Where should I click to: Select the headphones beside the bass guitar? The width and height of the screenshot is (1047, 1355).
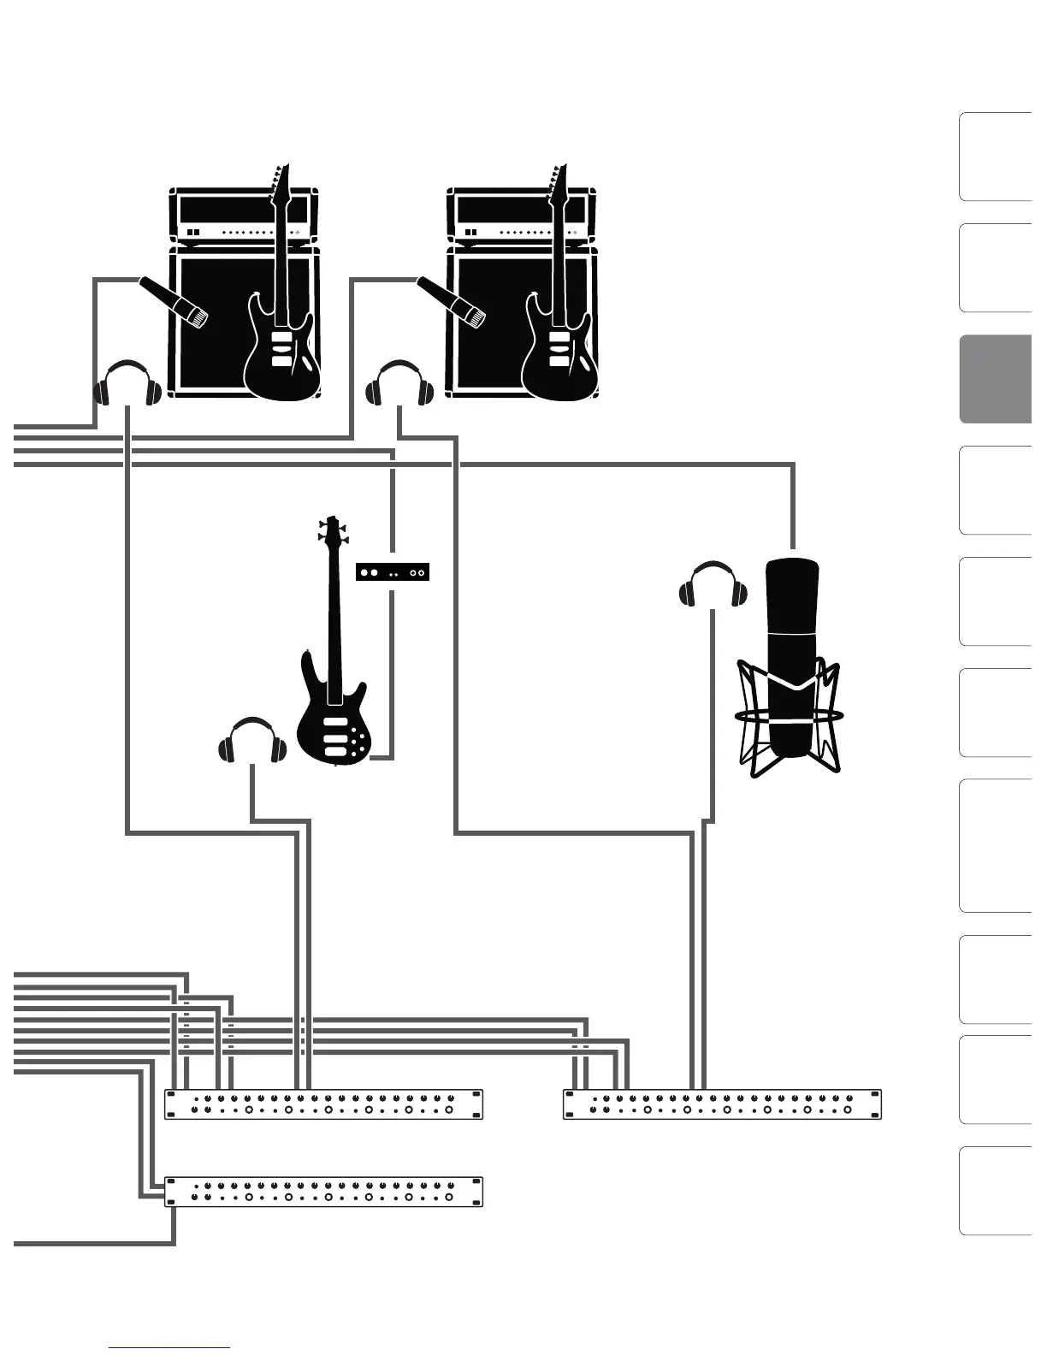[251, 741]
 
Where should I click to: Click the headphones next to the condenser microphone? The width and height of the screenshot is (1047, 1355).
[713, 585]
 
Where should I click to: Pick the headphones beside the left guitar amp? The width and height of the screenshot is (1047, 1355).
[127, 384]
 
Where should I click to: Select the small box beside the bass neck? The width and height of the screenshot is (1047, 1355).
[392, 572]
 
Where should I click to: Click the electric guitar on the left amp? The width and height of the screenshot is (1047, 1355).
[282, 342]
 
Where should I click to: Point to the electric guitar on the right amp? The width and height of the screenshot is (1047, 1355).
[559, 342]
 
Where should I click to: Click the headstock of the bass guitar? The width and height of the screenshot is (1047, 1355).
[331, 530]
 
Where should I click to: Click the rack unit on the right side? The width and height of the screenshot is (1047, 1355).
[722, 1104]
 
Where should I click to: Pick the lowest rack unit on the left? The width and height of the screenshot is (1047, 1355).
[323, 1192]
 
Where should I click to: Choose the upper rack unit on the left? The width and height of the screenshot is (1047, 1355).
[323, 1104]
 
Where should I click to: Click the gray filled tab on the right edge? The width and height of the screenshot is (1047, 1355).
[996, 379]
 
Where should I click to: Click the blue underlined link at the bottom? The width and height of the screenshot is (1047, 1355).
[169, 1347]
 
